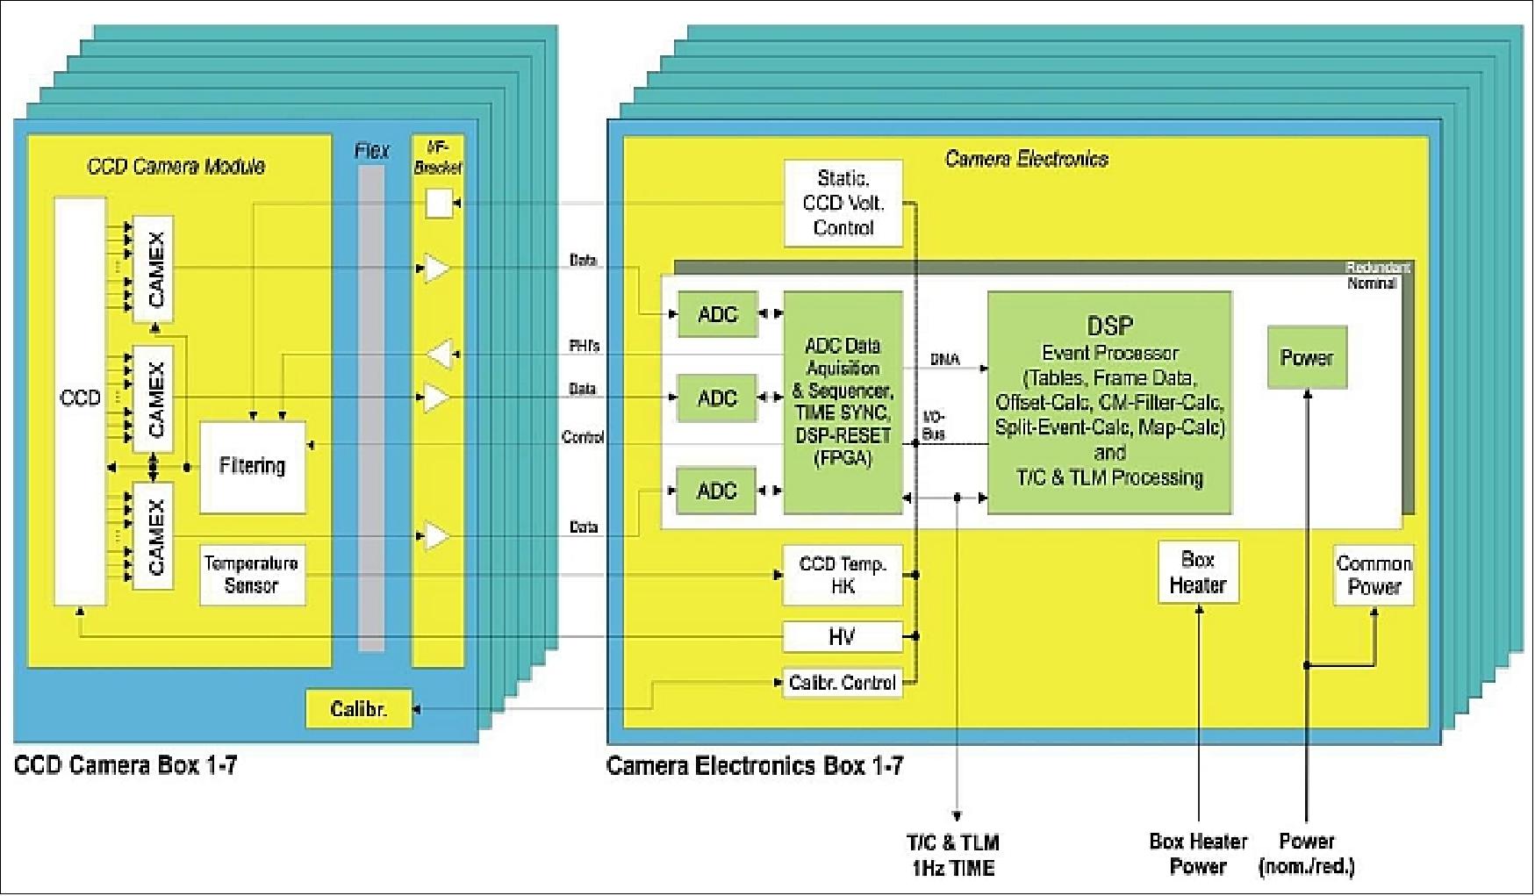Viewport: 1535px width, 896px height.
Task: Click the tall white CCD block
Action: point(80,400)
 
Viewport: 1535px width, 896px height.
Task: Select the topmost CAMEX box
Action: point(153,269)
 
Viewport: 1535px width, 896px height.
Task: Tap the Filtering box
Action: point(253,466)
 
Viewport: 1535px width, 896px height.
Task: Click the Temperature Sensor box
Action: point(253,575)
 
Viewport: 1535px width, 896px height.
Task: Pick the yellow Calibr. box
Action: point(358,709)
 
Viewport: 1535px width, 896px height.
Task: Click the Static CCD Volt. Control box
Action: point(843,204)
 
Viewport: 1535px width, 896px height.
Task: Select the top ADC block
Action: point(717,314)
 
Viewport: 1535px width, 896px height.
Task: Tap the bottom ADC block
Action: point(717,491)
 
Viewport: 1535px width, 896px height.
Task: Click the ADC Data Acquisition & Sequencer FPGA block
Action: point(843,402)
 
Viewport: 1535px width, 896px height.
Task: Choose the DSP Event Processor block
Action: point(1109,402)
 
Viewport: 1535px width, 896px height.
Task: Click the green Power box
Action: point(1306,357)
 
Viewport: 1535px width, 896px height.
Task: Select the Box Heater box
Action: point(1198,572)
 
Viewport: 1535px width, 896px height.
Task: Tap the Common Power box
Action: point(1374,575)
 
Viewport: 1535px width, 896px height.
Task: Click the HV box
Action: point(842,637)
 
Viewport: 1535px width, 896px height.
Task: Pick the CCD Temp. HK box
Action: point(842,575)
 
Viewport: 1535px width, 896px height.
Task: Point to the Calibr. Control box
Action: point(842,683)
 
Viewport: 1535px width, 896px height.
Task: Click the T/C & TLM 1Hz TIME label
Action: point(953,856)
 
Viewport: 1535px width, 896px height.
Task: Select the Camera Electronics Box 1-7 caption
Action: point(755,765)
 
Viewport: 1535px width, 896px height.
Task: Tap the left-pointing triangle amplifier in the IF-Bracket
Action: point(441,354)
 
